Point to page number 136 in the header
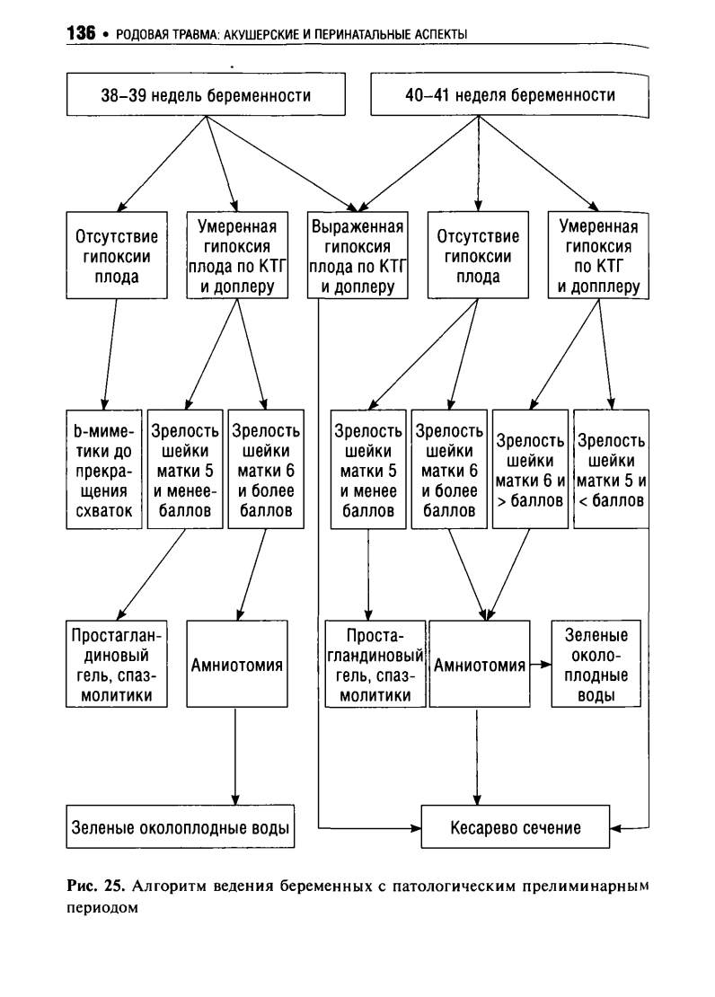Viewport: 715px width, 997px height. coord(81,33)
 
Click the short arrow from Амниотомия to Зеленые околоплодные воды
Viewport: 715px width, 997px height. coord(540,665)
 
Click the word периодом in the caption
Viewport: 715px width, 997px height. coord(102,908)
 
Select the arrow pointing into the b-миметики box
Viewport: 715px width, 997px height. coord(110,354)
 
